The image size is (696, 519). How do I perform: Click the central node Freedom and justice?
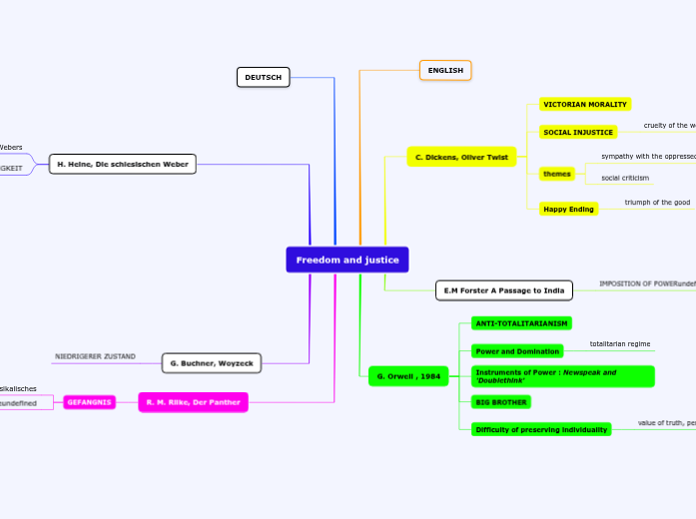point(347,259)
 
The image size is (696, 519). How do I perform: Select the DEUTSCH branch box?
point(263,77)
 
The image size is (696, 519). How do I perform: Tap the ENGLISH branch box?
point(445,70)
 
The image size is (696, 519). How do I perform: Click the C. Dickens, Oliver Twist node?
point(461,157)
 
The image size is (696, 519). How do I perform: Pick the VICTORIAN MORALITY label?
point(584,104)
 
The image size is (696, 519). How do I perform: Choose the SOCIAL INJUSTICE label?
point(577,132)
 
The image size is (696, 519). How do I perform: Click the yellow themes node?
point(556,174)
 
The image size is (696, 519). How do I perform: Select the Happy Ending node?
point(568,209)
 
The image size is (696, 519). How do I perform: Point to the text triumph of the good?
point(657,203)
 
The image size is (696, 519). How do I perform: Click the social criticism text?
point(625,178)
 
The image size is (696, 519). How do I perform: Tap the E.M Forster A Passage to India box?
point(504,290)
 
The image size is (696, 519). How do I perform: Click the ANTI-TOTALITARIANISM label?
point(521,323)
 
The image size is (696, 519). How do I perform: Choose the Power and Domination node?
point(517,351)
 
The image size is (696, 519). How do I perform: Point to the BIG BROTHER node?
point(501,401)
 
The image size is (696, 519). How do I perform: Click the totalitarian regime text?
point(619,343)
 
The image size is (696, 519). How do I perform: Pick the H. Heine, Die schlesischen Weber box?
point(123,164)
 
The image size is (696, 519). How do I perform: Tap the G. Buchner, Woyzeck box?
point(212,362)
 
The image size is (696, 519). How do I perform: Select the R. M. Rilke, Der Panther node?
point(193,402)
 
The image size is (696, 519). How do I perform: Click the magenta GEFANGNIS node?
point(90,402)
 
